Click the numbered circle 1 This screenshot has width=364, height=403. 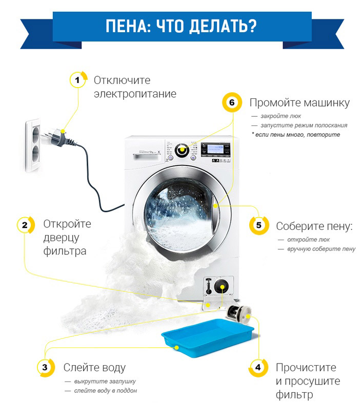click(x=77, y=80)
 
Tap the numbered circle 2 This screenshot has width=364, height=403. click(x=24, y=224)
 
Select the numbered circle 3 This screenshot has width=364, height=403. click(x=45, y=367)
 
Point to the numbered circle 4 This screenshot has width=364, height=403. click(x=257, y=367)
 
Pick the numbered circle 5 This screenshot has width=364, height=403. click(x=258, y=225)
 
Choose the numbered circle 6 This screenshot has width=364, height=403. click(x=232, y=102)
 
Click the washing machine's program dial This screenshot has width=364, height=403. click(x=180, y=150)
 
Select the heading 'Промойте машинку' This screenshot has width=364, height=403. click(x=299, y=102)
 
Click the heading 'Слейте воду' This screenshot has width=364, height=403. click(x=94, y=367)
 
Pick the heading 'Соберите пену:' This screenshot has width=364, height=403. click(x=315, y=226)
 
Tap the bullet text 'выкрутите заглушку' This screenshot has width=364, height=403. click(x=105, y=381)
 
